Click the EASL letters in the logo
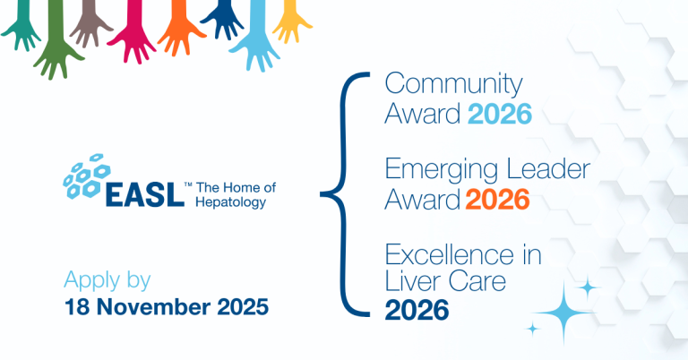144,194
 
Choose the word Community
453,85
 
